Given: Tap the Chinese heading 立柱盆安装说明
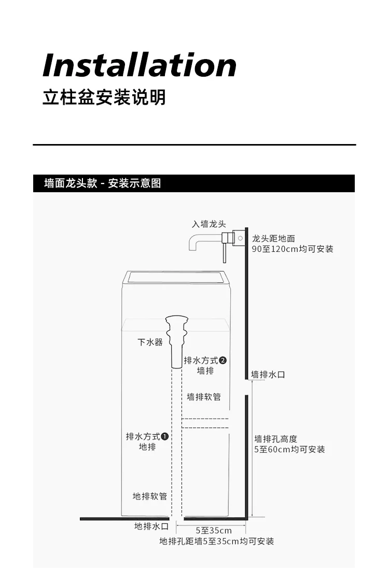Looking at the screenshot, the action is [x=104, y=97].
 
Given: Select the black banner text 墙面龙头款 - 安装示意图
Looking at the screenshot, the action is [x=103, y=183].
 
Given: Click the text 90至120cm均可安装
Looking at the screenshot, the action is [x=293, y=249].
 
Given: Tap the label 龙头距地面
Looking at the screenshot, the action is [x=273, y=239].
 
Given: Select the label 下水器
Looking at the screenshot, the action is [x=150, y=342].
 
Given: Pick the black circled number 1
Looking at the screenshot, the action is [x=165, y=437].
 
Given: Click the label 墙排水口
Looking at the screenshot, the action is [x=268, y=375].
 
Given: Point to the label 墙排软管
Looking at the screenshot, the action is [x=204, y=397].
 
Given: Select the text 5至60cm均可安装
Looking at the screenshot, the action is [x=289, y=450].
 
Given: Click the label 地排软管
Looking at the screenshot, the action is [x=150, y=496].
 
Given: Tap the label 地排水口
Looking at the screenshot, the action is [x=151, y=526].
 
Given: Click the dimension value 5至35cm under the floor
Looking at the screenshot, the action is [x=214, y=531].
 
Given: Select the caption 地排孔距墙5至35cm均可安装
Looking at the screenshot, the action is [x=217, y=541].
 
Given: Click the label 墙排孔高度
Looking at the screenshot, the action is [x=275, y=439].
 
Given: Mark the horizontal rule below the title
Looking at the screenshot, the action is [x=195, y=145].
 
